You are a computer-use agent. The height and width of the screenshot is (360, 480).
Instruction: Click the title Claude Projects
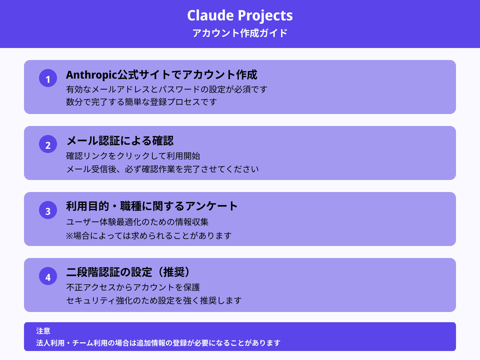(240, 16)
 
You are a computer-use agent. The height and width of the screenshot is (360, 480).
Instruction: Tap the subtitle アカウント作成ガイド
(240, 33)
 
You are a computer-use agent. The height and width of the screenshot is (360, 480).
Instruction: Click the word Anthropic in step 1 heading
(91, 75)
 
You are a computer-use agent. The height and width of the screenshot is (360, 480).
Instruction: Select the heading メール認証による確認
(120, 141)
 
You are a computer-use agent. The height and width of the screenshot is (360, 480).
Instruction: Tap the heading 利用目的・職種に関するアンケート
(152, 206)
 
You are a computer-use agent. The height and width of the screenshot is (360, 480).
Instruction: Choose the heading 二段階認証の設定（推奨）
(128, 272)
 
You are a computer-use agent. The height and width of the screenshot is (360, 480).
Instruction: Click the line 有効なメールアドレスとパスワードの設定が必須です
(166, 89)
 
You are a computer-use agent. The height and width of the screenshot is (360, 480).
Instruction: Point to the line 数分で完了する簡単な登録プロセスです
(141, 102)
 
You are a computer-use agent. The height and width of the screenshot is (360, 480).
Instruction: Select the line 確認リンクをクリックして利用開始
(133, 156)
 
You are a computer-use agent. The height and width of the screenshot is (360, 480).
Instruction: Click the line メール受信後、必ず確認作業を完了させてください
(162, 169)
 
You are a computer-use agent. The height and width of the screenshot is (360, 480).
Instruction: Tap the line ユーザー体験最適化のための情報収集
(137, 222)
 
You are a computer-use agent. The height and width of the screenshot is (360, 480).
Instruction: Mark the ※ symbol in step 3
(70, 236)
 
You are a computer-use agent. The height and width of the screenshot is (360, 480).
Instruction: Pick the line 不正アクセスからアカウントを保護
(133, 287)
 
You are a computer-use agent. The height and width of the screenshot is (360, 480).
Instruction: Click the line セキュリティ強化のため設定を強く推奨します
(154, 300)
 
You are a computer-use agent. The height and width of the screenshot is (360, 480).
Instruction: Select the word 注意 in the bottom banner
(43, 331)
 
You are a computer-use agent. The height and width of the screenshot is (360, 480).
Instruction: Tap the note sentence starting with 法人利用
(158, 343)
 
